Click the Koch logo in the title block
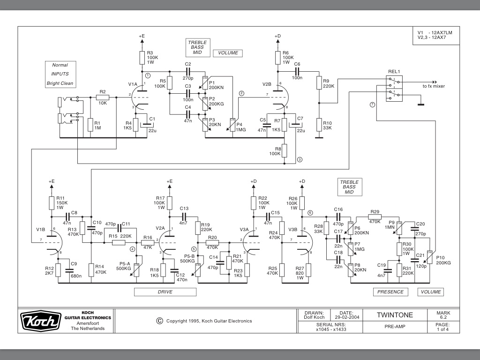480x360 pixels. click(x=41, y=321)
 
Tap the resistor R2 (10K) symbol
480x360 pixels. click(x=103, y=97)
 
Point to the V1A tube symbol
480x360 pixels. click(x=140, y=97)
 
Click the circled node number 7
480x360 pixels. click(x=373, y=104)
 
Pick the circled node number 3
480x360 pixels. click(x=300, y=159)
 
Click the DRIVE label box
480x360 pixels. click(x=165, y=292)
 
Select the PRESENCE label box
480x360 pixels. click(x=391, y=292)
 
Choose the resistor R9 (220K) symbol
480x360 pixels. click(x=319, y=83)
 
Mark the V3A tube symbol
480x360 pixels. click(x=252, y=243)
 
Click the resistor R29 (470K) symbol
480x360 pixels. click(x=375, y=217)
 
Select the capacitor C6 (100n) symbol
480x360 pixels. click(x=297, y=71)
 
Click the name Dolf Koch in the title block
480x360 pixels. click(x=314, y=317)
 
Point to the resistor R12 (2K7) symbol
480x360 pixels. click(x=58, y=270)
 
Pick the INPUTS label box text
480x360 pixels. click(x=60, y=74)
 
